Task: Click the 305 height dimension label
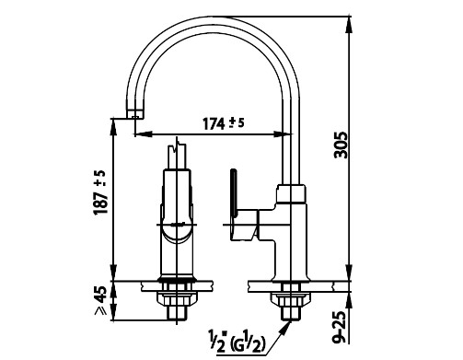coord(341,145)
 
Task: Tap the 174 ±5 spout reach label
coord(224,123)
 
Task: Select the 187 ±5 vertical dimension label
coord(101,192)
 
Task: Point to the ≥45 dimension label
coord(101,301)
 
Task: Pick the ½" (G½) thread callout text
coord(237,342)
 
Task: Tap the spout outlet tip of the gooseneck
coord(134,114)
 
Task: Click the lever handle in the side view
coord(233,192)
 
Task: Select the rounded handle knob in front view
coord(177,233)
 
